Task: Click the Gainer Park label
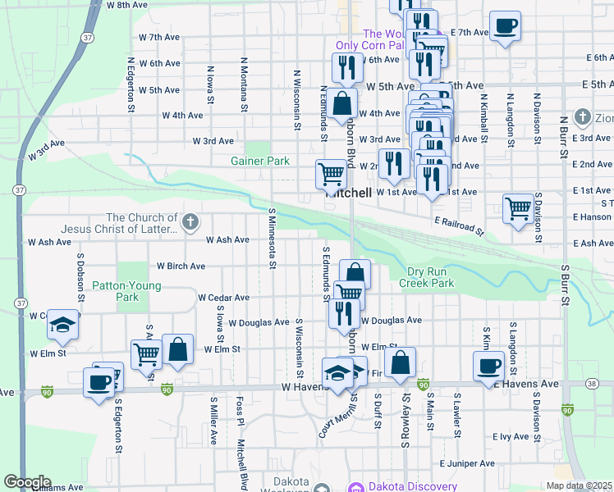coord(260,162)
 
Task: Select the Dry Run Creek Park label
coord(426,277)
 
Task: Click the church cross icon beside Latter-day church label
coord(190,221)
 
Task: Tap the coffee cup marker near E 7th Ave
coord(505,26)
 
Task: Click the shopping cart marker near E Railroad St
coord(518,208)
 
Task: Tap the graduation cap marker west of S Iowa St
coord(62,325)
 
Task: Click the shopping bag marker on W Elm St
coord(177,348)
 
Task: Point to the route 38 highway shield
coord(591,383)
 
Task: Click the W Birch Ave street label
coord(181,266)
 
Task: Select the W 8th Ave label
coord(126,5)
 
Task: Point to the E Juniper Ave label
coord(467,463)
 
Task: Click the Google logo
coord(27,482)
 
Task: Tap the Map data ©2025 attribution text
coord(579,485)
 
